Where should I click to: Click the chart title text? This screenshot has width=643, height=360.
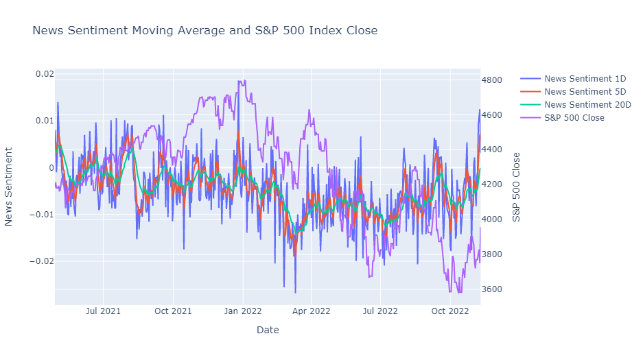click(x=204, y=30)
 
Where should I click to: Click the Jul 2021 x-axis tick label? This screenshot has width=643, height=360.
click(x=104, y=311)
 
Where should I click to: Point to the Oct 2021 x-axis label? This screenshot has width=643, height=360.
click(x=173, y=311)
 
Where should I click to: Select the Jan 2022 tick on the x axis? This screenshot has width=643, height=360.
click(x=243, y=311)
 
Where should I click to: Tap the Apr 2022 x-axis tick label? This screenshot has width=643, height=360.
click(x=312, y=311)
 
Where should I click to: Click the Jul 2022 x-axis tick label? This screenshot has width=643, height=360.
click(x=381, y=311)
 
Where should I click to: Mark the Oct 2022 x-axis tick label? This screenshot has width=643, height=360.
click(x=450, y=311)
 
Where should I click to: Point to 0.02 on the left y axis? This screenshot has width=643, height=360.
click(x=45, y=74)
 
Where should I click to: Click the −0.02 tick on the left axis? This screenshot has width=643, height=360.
click(x=42, y=261)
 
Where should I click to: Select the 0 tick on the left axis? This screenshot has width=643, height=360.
click(x=51, y=167)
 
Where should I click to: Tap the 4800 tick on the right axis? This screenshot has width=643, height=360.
click(x=491, y=80)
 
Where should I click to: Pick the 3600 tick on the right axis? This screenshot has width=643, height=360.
click(x=491, y=289)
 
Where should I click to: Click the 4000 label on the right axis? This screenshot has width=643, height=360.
click(x=491, y=219)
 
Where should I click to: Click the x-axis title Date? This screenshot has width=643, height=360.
click(x=268, y=330)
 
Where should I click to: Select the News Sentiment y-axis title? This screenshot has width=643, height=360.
click(x=9, y=187)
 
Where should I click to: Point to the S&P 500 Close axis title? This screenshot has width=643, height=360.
click(x=516, y=187)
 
